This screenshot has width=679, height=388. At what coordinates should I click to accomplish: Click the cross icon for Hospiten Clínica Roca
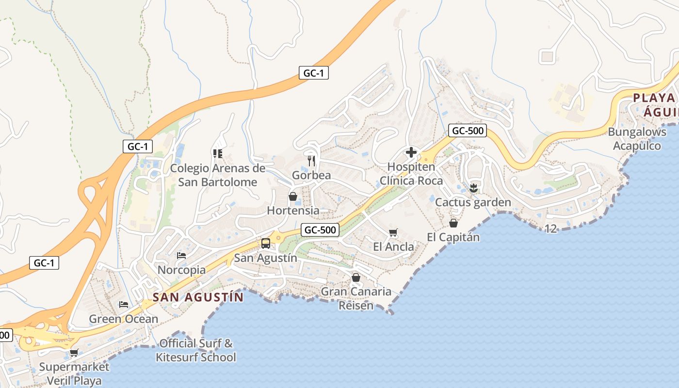(x=411, y=153)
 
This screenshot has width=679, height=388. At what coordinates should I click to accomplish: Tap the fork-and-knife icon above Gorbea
(x=311, y=160)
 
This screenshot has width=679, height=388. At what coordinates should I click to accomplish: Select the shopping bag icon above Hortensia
(x=293, y=196)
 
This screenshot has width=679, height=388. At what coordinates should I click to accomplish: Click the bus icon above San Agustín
(x=266, y=243)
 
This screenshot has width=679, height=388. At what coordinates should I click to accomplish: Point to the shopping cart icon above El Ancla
(x=393, y=233)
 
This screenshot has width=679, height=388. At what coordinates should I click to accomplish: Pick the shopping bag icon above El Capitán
(x=453, y=223)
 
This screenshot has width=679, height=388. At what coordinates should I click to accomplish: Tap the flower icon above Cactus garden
(x=473, y=188)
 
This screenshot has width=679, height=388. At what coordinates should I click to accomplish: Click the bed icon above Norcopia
(x=181, y=256)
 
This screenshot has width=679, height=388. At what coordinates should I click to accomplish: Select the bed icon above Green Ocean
(x=124, y=305)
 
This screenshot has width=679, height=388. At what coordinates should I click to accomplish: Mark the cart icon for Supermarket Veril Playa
(x=74, y=353)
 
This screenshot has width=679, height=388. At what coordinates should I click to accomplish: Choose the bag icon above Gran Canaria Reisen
(x=356, y=277)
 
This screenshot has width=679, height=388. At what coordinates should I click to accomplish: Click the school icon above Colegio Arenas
(x=218, y=154)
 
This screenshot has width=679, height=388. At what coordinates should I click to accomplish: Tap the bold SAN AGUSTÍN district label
(x=198, y=297)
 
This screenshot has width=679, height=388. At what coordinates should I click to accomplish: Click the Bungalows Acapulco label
(x=637, y=139)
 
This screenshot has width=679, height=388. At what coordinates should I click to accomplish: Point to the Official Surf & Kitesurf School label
(x=195, y=351)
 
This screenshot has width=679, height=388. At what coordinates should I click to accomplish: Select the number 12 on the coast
(x=550, y=229)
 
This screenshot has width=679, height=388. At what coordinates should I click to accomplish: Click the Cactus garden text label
(x=473, y=202)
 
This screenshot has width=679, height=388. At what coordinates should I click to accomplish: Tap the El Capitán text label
(x=453, y=237)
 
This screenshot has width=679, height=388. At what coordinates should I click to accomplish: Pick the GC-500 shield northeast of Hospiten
(x=468, y=130)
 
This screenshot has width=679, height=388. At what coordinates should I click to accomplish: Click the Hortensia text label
(x=293, y=210)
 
